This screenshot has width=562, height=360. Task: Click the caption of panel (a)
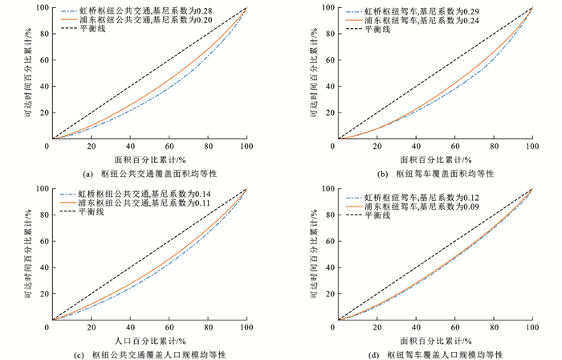(149, 174)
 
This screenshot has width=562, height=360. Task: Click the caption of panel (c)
(149, 354)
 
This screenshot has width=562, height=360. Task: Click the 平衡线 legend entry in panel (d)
(382, 216)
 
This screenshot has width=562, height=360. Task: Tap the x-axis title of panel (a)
(149, 159)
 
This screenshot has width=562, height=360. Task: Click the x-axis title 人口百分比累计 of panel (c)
(149, 340)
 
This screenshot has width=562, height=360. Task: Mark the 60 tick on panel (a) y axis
(41, 59)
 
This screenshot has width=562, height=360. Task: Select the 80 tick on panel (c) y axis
(41, 215)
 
